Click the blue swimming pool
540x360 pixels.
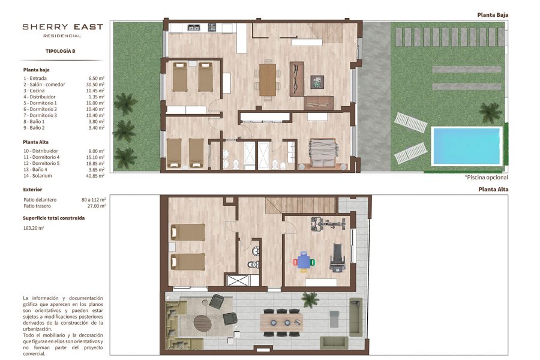(466, 146)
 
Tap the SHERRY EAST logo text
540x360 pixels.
(62, 27)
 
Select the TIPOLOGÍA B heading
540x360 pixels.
(60, 51)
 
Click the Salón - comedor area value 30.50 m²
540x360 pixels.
(95, 85)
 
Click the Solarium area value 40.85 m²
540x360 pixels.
(95, 176)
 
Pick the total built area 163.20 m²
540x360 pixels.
(34, 228)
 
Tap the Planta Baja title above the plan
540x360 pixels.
(493, 15)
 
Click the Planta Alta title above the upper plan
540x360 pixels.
(493, 189)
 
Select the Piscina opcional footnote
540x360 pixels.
(486, 178)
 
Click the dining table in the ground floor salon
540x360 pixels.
(268, 80)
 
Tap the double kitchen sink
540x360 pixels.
(194, 27)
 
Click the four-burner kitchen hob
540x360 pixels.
(212, 27)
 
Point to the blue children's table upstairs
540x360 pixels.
(304, 262)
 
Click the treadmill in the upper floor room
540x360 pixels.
(337, 257)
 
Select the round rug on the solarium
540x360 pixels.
(202, 323)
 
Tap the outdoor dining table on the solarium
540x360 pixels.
(281, 323)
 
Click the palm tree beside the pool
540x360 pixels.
(490, 112)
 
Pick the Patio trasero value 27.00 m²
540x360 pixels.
(97, 206)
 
